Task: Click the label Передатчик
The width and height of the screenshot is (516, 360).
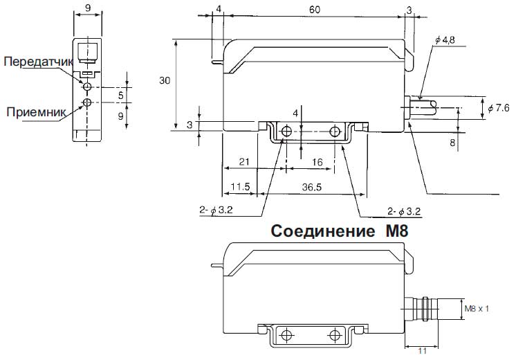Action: tap(38, 62)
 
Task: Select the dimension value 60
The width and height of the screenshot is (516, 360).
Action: tap(315, 9)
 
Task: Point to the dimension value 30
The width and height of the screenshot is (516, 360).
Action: tap(164, 81)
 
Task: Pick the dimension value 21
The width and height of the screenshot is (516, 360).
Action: tap(243, 161)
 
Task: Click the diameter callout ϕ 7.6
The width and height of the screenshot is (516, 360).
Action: tap(498, 108)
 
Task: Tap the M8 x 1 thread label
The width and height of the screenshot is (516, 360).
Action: tap(477, 308)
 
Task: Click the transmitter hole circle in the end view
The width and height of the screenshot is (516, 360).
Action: tap(86, 87)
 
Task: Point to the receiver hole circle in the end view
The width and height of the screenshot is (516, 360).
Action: tap(86, 103)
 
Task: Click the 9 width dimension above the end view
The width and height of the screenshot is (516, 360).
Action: tap(86, 9)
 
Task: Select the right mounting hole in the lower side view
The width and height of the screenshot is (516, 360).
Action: tap(335, 336)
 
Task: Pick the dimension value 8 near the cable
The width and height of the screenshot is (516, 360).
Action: tap(452, 144)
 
